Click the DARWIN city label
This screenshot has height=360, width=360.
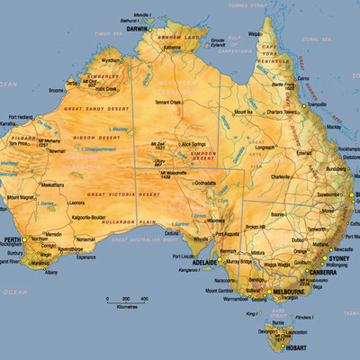[x=138, y=29]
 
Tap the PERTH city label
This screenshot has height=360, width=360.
[x=13, y=239]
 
